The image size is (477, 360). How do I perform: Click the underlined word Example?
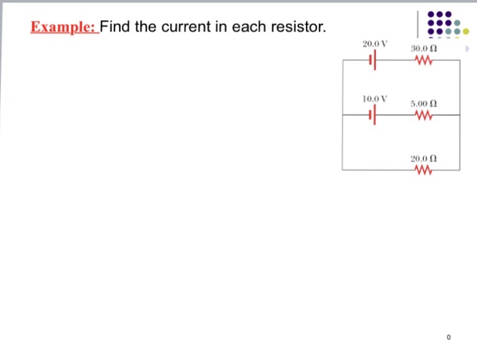[64, 28]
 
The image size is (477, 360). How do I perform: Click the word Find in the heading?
[117, 28]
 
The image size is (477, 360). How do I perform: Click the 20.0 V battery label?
[375, 44]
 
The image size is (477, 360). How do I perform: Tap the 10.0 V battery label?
[375, 98]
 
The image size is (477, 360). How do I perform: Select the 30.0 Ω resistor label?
[423, 49]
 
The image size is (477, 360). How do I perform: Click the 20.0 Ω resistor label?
[423, 158]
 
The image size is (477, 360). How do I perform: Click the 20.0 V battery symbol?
[372, 61]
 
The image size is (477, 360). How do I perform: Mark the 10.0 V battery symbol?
[372, 116]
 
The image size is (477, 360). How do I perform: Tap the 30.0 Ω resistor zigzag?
[423, 61]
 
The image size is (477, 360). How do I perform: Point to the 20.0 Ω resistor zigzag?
[423, 170]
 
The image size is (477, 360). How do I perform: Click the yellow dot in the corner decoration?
[466, 31]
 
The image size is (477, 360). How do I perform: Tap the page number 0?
[449, 337]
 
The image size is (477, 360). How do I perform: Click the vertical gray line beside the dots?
[416, 25]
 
